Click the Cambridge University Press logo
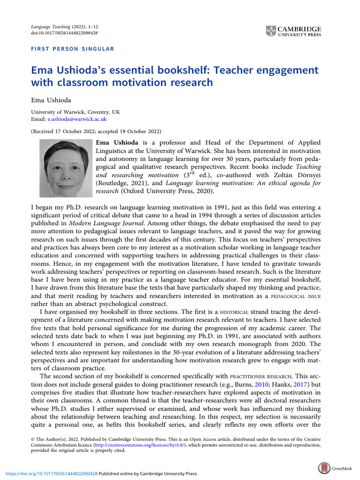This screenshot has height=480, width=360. pyautogui.click(x=293, y=31)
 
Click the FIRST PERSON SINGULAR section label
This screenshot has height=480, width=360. pyautogui.click(x=72, y=49)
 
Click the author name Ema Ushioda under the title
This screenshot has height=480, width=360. pyautogui.click(x=51, y=100)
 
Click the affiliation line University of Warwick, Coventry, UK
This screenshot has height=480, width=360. pyautogui.click(x=75, y=112)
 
